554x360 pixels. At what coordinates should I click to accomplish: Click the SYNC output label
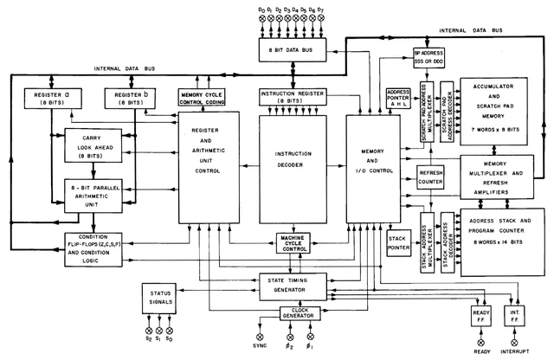tap(260, 344)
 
